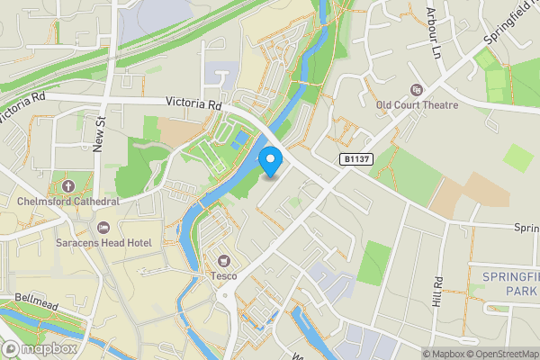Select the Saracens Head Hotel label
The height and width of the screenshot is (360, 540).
point(113,242)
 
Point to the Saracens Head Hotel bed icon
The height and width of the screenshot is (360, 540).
point(103,227)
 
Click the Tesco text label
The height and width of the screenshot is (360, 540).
point(223,275)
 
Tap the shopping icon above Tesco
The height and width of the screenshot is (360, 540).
point(220,261)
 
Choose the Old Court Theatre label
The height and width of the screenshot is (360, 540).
point(416,105)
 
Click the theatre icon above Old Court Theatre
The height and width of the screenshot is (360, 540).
point(415,89)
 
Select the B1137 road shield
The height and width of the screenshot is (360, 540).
point(356,158)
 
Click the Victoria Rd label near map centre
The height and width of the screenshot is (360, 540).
point(193,104)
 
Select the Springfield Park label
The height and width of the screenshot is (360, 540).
point(509,284)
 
